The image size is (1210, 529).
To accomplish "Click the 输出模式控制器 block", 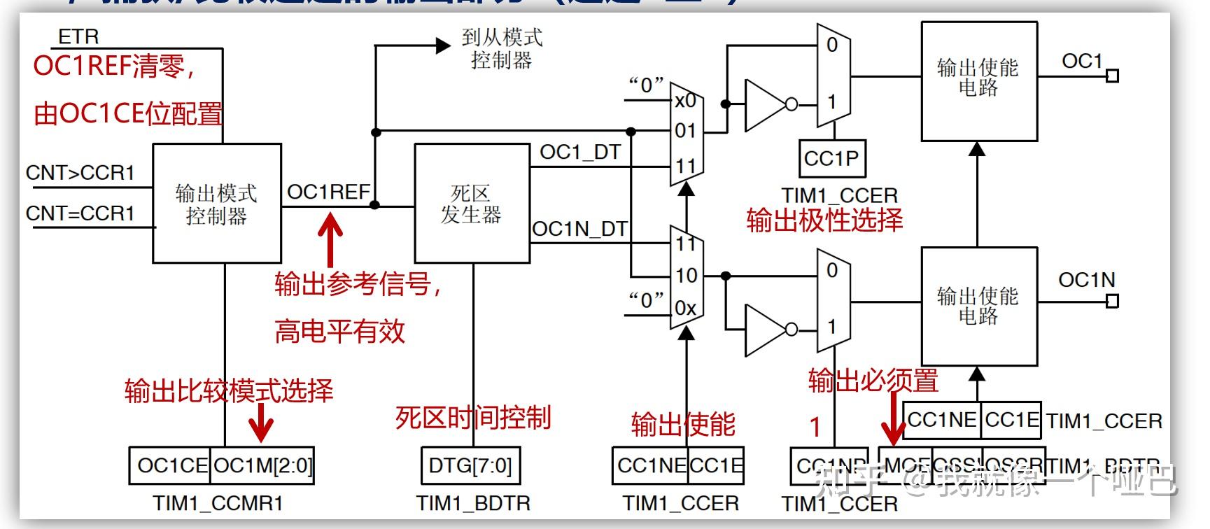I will click(217, 204).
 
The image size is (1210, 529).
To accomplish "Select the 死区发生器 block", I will click(472, 204).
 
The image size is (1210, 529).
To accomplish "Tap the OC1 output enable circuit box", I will click(978, 81).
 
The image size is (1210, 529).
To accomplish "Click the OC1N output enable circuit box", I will click(978, 306).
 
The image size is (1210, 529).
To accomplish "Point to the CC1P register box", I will click(831, 158).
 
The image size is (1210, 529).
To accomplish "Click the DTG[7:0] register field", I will click(471, 465).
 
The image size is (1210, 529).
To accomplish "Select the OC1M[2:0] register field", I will click(262, 465).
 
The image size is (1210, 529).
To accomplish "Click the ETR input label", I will click(78, 36).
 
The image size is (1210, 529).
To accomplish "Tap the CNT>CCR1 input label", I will click(80, 173).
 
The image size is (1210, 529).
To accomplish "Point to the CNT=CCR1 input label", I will click(80, 213).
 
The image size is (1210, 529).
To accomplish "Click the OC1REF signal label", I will click(328, 192).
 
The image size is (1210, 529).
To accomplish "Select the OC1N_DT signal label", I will click(579, 229).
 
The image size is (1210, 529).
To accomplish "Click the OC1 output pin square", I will click(1112, 76).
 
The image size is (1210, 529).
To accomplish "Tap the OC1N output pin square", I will click(1112, 301).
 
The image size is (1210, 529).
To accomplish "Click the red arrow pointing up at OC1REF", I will click(330, 239).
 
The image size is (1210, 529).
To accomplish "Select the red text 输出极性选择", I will click(824, 220).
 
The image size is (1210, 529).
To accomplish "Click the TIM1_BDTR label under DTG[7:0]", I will click(473, 503).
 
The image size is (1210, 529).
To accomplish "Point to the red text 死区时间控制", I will click(473, 418).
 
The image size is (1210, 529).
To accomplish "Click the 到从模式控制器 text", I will click(502, 48).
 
